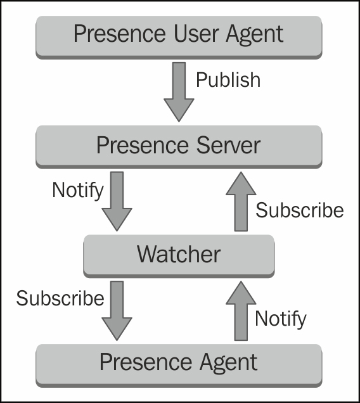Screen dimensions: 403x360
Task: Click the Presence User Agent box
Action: (x=179, y=34)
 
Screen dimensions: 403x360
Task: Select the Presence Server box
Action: (x=179, y=146)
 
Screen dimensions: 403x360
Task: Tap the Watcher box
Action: (x=179, y=255)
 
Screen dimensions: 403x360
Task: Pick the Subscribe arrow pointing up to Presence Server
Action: (x=241, y=201)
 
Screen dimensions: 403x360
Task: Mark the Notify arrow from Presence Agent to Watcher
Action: (x=241, y=310)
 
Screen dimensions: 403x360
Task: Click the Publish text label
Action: (x=228, y=80)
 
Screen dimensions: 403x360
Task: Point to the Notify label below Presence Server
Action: (x=78, y=190)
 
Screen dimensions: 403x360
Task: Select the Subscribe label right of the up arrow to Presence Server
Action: (x=299, y=210)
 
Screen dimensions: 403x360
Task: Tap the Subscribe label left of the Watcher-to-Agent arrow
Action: (x=60, y=298)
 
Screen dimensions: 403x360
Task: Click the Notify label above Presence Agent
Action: (x=280, y=318)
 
